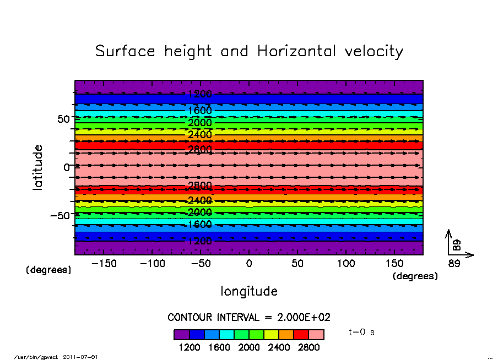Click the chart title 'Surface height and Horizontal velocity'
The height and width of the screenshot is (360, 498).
[249, 52]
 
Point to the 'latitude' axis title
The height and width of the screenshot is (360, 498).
[38, 167]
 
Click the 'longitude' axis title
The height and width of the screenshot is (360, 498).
[249, 291]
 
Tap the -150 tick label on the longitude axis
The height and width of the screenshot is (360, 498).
[104, 264]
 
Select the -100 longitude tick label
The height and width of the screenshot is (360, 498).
[153, 264]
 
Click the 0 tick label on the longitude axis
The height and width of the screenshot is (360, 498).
[249, 264]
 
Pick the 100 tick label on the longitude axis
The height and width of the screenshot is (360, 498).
[346, 264]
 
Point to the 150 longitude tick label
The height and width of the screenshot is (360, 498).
[394, 264]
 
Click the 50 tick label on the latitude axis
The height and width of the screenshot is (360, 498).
[63, 118]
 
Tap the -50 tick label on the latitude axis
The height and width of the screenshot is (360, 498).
[60, 215]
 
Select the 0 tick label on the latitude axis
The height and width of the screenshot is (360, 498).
[67, 167]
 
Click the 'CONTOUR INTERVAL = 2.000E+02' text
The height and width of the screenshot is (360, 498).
[249, 317]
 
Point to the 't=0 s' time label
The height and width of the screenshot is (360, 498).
[362, 332]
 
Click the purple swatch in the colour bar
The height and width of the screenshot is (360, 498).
[182, 335]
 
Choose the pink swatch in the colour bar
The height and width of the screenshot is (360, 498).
[316, 335]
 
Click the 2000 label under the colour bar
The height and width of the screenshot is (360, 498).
[249, 347]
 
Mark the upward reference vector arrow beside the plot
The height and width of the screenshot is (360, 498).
[448, 241]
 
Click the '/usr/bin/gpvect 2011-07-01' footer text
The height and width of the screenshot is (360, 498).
[56, 357]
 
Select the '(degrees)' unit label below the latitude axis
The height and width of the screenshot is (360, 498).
[49, 270]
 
